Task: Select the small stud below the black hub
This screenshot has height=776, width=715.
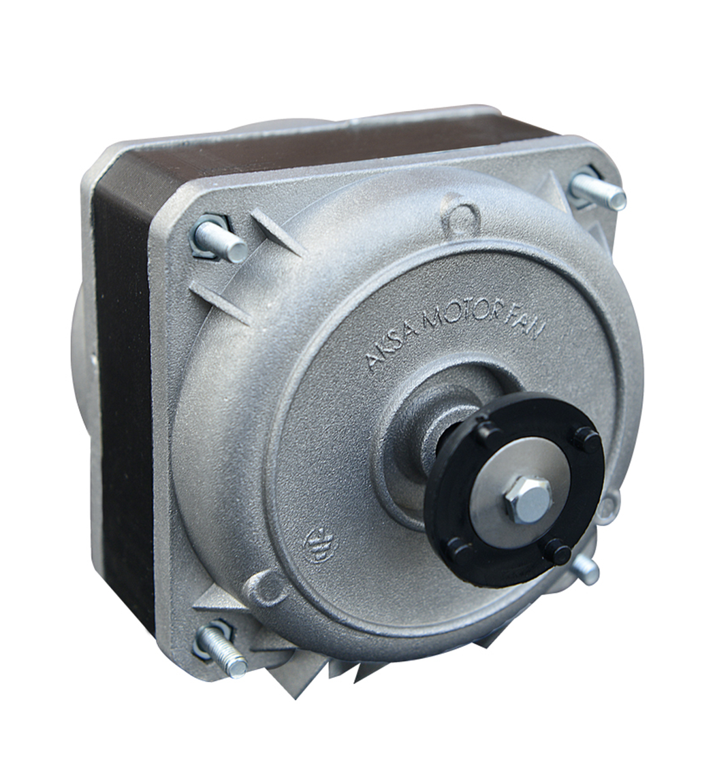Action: click(585, 569)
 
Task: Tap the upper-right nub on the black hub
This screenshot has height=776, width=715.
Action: click(586, 439)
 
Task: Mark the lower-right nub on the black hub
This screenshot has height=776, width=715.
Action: click(558, 551)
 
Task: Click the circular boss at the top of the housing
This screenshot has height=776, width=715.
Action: click(461, 216)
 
